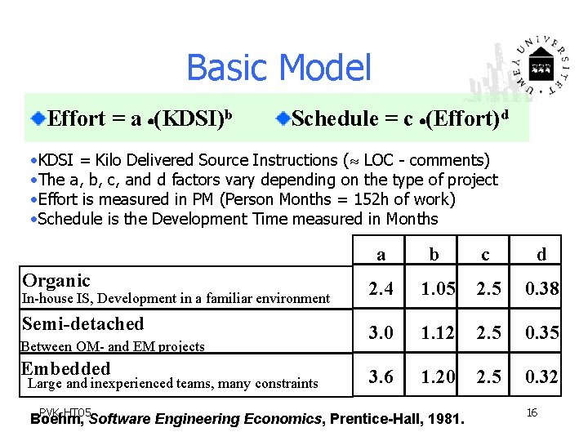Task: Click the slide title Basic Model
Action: coord(278,68)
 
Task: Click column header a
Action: coord(381,254)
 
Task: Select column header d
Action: coord(541,254)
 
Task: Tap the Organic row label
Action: coord(56,280)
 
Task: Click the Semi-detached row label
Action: coord(82,323)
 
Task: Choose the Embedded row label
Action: coord(65,367)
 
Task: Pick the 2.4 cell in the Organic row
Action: coord(381,288)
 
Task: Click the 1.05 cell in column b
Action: coord(437,288)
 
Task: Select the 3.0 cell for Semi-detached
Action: coord(381,332)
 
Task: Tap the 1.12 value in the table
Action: coord(437,332)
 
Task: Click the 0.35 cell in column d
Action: coord(541,332)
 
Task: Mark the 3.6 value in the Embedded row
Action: coord(381,376)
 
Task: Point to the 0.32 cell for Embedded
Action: coord(541,376)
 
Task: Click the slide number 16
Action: coord(532,413)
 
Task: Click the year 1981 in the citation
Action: coord(447,419)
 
